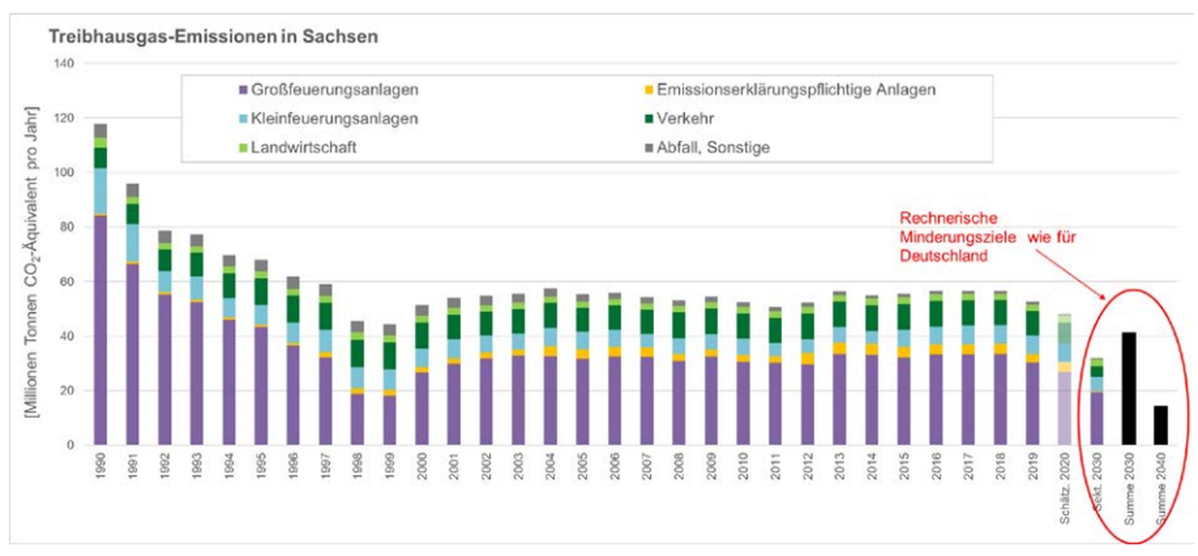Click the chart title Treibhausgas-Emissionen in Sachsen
[214, 37]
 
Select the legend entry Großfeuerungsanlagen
[334, 89]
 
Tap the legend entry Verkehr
[684, 118]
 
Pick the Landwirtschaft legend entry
[303, 148]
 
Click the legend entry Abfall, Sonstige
[712, 148]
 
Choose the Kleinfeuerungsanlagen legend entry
[334, 118]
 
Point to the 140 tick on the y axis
[64, 63]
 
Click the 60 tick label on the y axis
[65, 282]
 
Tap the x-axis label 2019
[1033, 467]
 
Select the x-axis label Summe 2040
[1161, 488]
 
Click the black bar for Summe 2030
[1129, 388]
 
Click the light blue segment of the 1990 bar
[101, 191]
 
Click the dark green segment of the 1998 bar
[357, 353]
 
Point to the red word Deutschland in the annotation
[943, 256]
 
